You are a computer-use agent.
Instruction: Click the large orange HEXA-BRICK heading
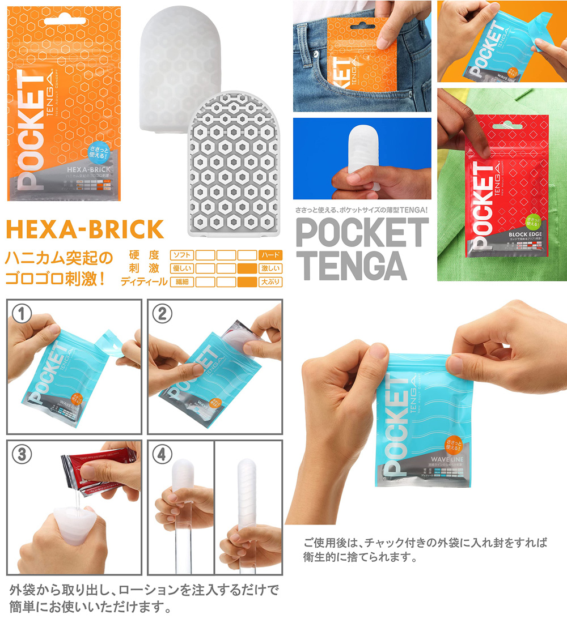(84, 229)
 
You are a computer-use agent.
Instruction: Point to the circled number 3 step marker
(22, 454)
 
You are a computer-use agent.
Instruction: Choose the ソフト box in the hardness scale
(182, 255)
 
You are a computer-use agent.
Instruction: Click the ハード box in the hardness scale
(270, 255)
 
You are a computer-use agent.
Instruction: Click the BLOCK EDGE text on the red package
(527, 234)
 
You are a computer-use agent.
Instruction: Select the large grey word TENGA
(352, 265)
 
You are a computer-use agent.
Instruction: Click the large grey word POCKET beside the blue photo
(362, 232)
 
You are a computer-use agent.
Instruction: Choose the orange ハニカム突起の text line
(60, 258)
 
